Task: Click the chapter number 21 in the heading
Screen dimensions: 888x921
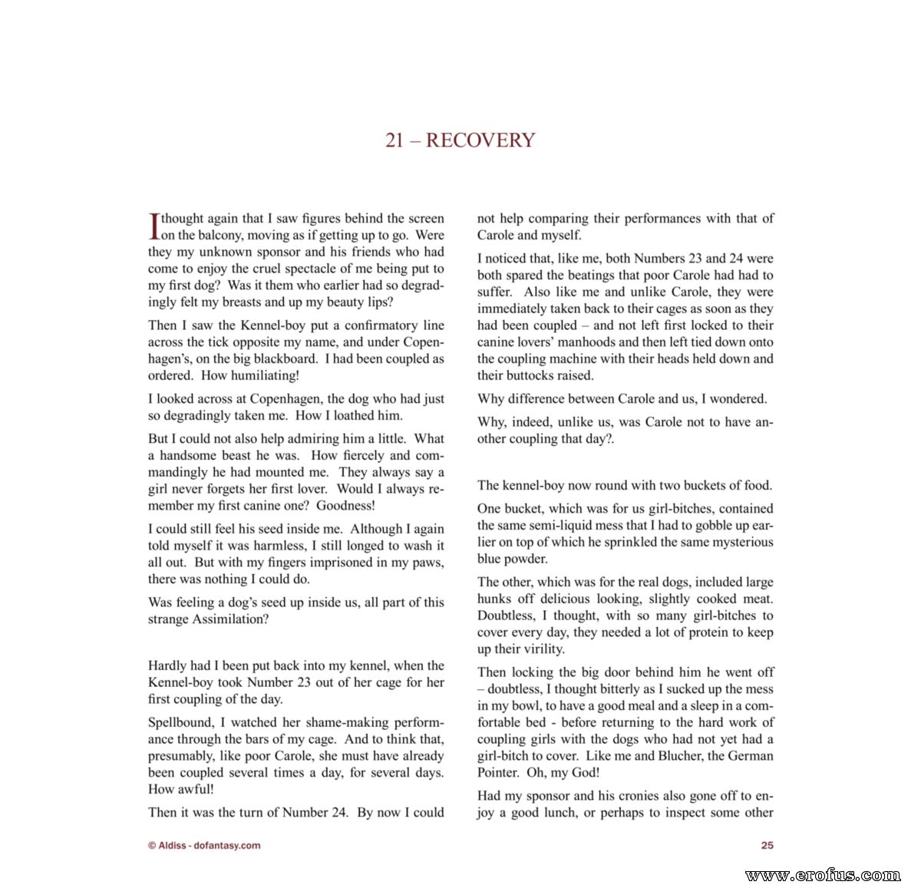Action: pos(394,140)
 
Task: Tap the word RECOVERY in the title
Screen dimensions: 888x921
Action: pos(480,140)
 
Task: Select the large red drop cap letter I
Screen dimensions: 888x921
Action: pos(153,226)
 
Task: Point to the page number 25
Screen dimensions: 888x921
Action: pos(767,845)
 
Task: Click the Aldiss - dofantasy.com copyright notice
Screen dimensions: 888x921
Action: pos(204,845)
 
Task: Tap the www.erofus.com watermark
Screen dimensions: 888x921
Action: pos(822,875)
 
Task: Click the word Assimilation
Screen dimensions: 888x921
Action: pos(227,619)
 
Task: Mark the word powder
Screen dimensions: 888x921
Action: pos(527,559)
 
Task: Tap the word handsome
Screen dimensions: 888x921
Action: pos(191,455)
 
